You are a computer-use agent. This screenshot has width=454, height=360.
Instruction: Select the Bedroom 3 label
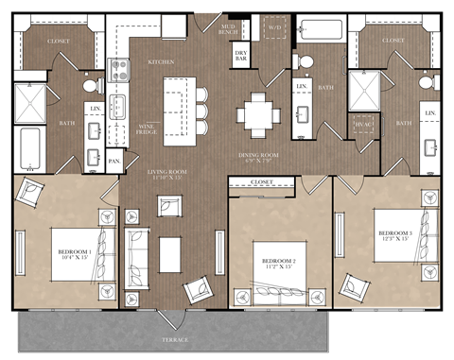pos(396,234)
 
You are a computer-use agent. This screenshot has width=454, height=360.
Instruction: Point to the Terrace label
pos(174,338)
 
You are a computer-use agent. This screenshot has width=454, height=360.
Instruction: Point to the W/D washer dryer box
pos(274,28)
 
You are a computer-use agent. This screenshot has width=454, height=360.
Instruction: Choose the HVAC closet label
pos(362,124)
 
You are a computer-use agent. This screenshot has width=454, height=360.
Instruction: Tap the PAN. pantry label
pos(113,162)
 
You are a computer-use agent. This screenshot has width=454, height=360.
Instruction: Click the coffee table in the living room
pos(170,252)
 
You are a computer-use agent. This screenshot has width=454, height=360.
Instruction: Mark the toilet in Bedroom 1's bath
pos(91,86)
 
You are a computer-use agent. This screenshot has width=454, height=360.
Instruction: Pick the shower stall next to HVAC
pos(364,90)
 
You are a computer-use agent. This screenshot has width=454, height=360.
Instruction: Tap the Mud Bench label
pos(228,29)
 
